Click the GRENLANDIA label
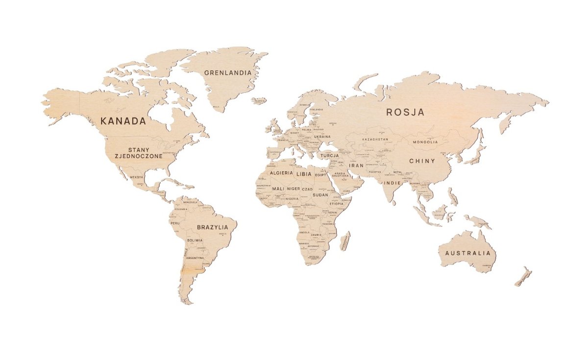[228, 73]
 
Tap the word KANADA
[123, 121]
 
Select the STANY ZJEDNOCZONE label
[138, 153]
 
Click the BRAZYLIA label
[212, 227]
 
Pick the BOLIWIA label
[195, 240]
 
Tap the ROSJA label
[405, 112]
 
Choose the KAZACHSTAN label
[375, 139]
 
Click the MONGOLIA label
[425, 142]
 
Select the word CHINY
[422, 161]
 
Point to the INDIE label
[392, 183]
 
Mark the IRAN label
[356, 166]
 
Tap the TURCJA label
[330, 155]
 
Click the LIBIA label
[304, 174]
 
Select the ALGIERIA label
[282, 173]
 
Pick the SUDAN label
[319, 194]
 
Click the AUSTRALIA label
[467, 253]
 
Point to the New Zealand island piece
[523, 277]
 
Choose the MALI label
[278, 189]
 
